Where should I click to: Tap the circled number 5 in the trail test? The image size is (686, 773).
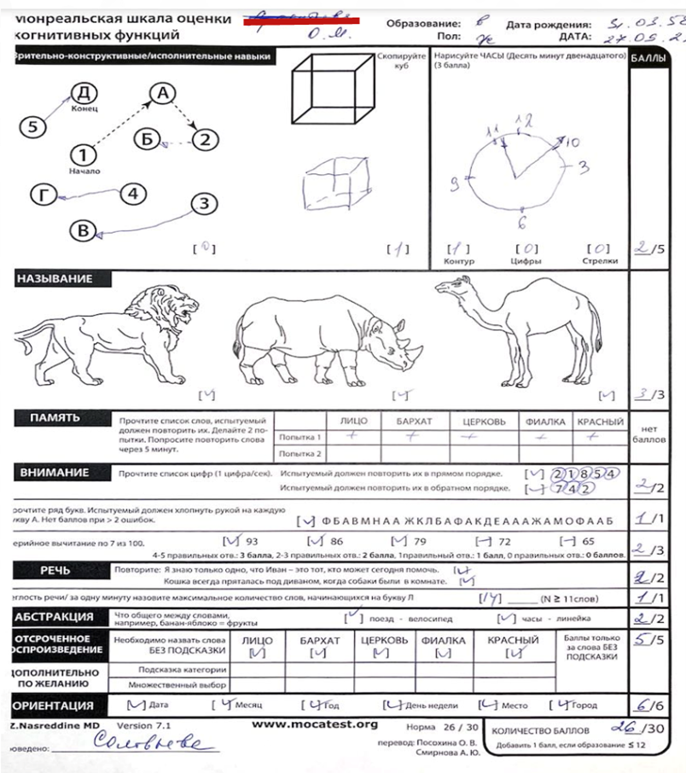32,126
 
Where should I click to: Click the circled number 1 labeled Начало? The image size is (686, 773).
83,154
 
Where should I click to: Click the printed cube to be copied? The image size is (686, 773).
334,90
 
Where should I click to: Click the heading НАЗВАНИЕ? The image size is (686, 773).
53,279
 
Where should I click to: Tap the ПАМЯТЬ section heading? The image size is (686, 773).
55,418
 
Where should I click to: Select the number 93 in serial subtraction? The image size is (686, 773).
252,541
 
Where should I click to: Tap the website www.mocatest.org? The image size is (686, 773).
315,724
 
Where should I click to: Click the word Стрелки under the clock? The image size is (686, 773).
600,261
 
